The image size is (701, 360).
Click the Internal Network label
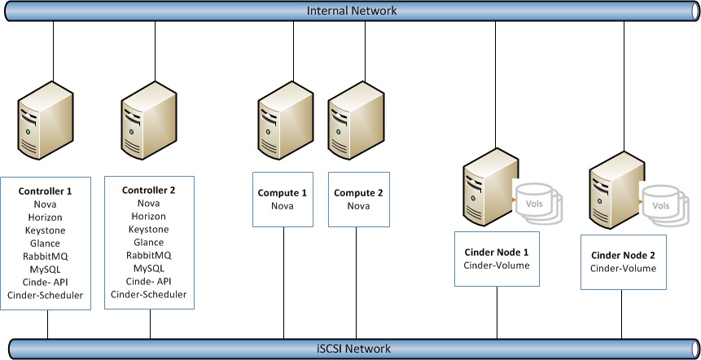click(x=352, y=11)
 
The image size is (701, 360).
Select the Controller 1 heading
click(x=46, y=191)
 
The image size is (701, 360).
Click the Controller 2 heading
click(x=148, y=190)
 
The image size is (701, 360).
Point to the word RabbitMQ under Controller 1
click(x=46, y=257)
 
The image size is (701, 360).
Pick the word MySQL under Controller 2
click(x=148, y=268)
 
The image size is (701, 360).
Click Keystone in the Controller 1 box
click(x=46, y=230)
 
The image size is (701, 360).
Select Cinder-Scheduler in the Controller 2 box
click(x=148, y=294)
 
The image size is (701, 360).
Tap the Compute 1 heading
click(x=283, y=193)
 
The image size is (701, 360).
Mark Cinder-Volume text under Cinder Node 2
click(x=623, y=268)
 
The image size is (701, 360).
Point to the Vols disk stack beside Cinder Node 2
click(x=664, y=205)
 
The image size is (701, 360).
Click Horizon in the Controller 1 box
click(x=46, y=217)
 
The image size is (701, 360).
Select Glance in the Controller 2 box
click(x=148, y=242)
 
